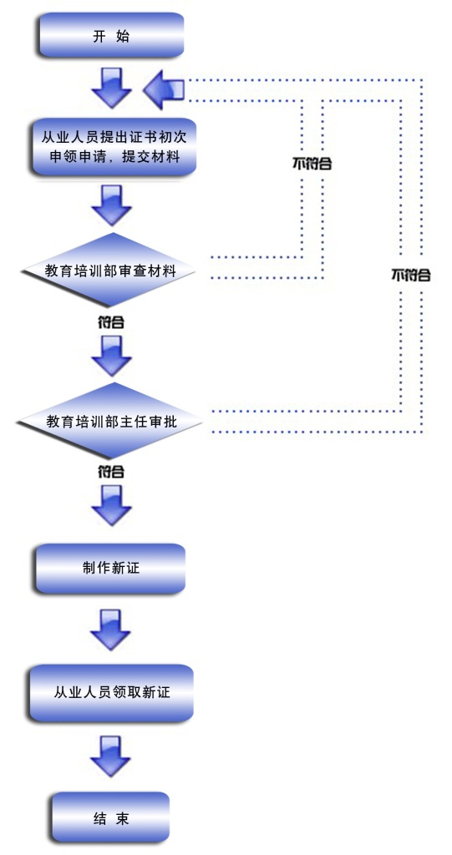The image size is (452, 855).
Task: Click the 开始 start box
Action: [x=111, y=35]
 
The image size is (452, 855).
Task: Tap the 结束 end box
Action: [x=111, y=818]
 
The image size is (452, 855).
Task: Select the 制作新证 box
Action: [x=111, y=568]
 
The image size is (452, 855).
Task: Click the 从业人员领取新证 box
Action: [x=111, y=692]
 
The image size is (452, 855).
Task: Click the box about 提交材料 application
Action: [x=113, y=147]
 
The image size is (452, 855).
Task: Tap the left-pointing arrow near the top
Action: [x=163, y=89]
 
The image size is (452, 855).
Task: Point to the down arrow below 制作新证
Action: [x=110, y=630]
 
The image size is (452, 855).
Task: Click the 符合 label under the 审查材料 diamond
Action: [x=111, y=323]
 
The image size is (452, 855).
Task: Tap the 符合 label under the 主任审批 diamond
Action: [x=111, y=472]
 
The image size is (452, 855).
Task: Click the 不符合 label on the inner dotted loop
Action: [x=312, y=164]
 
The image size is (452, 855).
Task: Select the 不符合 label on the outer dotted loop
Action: [x=410, y=275]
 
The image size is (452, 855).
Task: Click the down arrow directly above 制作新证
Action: [x=111, y=505]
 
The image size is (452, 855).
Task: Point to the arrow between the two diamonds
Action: [x=111, y=356]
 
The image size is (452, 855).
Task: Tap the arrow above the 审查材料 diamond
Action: [x=111, y=205]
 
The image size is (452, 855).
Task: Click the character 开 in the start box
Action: [x=99, y=37]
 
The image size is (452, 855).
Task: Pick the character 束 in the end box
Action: [x=123, y=818]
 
